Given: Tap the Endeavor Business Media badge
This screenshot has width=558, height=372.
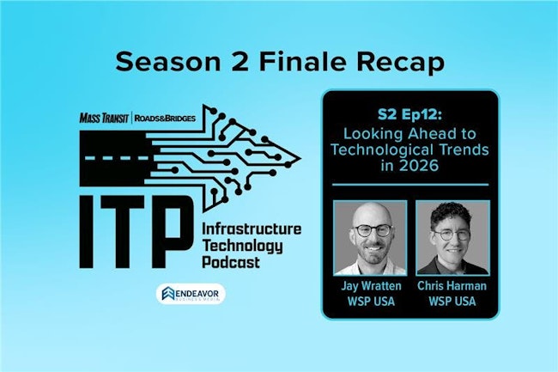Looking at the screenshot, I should (190, 294).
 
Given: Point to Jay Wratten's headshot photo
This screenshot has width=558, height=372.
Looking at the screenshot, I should (369, 238).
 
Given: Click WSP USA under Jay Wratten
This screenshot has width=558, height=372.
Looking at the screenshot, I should (369, 302).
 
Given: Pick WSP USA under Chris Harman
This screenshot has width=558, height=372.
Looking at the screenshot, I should (452, 302).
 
